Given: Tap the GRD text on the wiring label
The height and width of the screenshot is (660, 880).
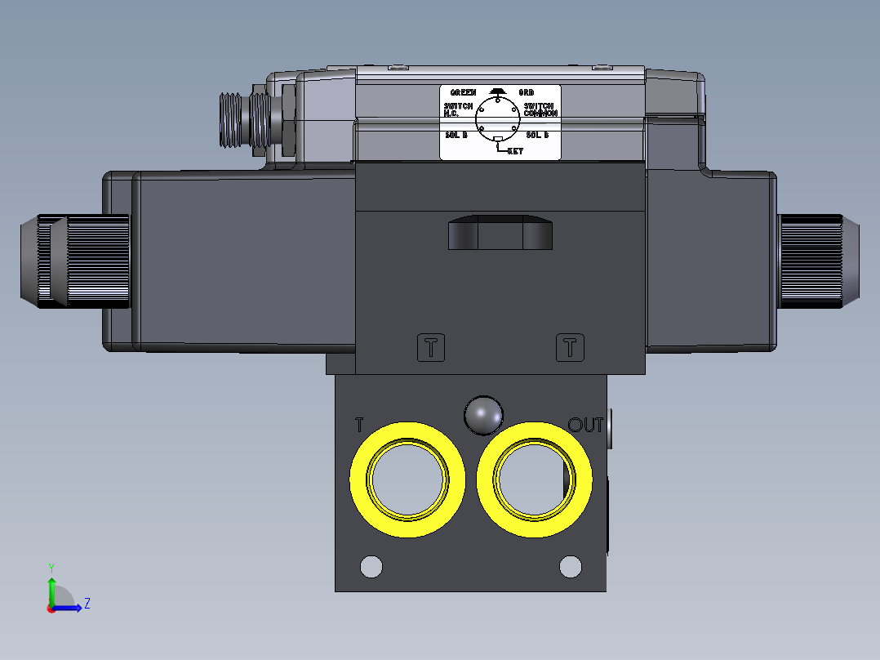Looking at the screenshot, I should pyautogui.click(x=527, y=93).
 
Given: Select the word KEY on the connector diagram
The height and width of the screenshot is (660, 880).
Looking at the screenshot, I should pyautogui.click(x=515, y=151).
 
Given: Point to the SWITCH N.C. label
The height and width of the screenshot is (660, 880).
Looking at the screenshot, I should pyautogui.click(x=458, y=109).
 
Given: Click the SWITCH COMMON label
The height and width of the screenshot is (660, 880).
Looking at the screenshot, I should pyautogui.click(x=540, y=109).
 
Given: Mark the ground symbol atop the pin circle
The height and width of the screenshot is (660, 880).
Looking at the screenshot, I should pyautogui.click(x=496, y=91).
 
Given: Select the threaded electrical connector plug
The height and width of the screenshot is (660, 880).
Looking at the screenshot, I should pyautogui.click(x=243, y=120).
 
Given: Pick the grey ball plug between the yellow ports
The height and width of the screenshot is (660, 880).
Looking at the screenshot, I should pyautogui.click(x=483, y=415).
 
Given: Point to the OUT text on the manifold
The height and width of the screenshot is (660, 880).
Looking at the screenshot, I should pyautogui.click(x=585, y=425).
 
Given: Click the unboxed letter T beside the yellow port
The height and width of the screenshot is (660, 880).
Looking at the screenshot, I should pyautogui.click(x=359, y=425).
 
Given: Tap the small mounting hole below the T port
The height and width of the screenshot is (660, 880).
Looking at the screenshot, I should pyautogui.click(x=371, y=565).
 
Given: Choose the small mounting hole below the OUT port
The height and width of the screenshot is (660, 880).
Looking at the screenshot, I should pyautogui.click(x=570, y=565).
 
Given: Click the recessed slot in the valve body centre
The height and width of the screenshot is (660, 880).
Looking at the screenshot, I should pyautogui.click(x=500, y=233).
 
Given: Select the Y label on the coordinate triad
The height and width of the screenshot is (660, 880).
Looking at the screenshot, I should pyautogui.click(x=51, y=567).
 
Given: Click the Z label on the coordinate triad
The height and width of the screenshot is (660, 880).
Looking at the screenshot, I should pyautogui.click(x=87, y=604).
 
